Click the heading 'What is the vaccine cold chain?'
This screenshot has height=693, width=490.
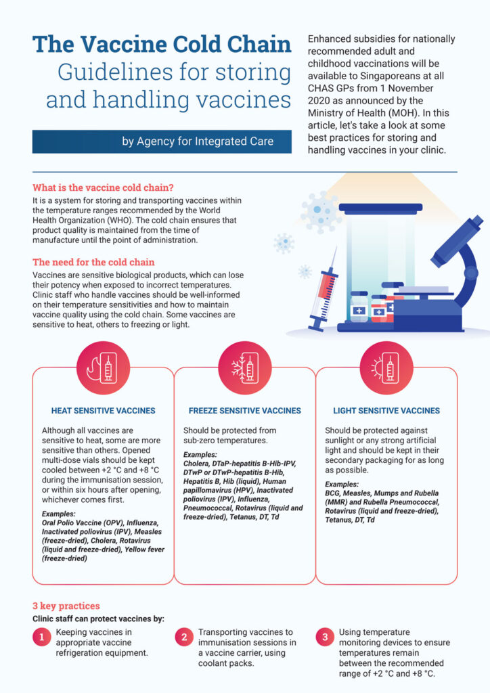pos(103,187)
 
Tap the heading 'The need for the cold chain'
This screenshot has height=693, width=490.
pos(93,262)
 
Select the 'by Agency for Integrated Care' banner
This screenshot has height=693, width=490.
pos(162,141)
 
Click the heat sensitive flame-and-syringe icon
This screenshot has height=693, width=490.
pos(103,367)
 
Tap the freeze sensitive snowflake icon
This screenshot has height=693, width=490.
pos(245,367)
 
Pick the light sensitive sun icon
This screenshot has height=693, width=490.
pos(386,367)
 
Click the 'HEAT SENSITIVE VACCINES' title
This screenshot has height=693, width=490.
pos(103,411)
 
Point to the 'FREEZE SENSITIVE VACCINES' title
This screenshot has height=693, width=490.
pos(245,411)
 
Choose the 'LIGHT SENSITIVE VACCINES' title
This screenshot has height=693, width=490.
pos(386,411)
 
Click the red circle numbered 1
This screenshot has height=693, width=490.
pos(42,638)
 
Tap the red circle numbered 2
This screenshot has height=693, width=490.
pos(184,638)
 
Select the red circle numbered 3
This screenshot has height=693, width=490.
pos(325,638)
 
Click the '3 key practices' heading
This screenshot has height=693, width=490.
pos(66,606)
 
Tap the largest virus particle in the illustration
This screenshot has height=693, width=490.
pos(320,212)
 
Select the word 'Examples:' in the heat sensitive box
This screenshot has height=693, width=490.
pos(59,514)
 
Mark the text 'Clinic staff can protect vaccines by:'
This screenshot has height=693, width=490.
pos(98,619)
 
